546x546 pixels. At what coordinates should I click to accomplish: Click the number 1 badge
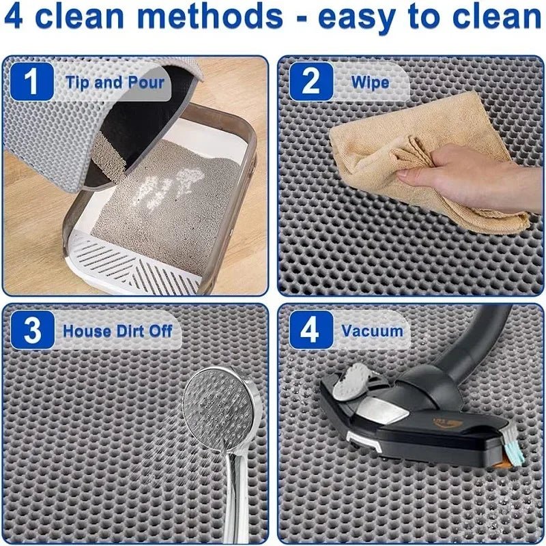[x=31, y=82]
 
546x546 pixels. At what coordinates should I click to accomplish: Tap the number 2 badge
[x=311, y=82]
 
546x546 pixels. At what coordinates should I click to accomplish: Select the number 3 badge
[x=31, y=330]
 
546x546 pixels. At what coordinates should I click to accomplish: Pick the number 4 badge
[x=311, y=330]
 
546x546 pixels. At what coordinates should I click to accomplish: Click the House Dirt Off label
[x=117, y=332]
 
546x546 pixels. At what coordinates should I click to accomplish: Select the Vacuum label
[x=372, y=332]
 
